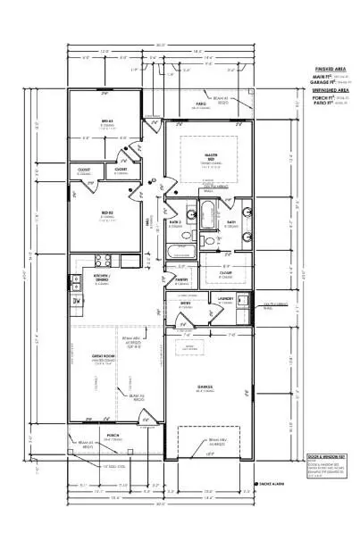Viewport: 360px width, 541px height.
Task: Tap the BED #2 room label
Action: pos(107,213)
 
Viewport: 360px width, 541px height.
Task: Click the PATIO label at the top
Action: pos(202,104)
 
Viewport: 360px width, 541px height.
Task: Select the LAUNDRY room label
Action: pos(225,299)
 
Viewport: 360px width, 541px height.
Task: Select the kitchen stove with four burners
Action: pos(102,261)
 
